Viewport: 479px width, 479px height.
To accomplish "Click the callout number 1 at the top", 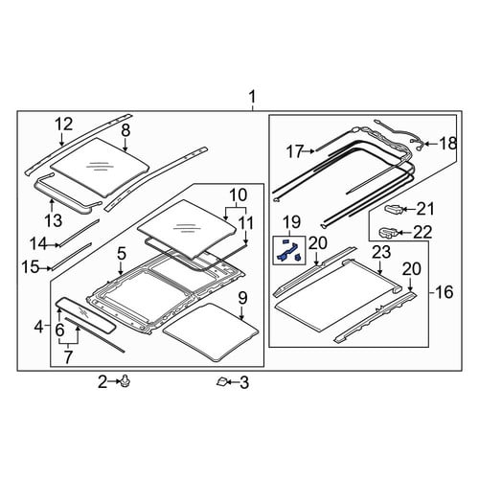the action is coord(252,97).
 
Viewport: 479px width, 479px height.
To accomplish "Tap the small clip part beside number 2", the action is coord(125,381).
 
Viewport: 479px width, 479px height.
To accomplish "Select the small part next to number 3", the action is coord(222,381).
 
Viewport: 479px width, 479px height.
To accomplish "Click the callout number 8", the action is coord(125,130).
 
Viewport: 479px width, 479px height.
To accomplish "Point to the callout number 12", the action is coord(64,124).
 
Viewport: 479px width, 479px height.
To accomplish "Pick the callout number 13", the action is coord(53,220).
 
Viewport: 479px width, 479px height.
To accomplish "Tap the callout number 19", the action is coord(291,222).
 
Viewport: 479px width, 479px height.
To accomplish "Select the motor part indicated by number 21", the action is coord(394,209).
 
